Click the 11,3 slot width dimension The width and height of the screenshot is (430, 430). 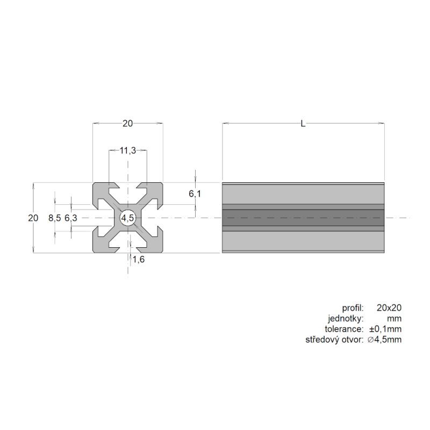128,150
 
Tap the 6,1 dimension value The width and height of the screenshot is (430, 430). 195,194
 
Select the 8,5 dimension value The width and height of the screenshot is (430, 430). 55,218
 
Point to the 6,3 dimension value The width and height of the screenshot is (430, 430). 71,218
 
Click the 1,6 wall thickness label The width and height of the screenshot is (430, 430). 139,259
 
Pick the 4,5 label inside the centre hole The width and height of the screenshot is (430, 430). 128,218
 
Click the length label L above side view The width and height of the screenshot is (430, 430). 303,124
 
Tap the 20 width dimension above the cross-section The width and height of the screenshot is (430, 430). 127,124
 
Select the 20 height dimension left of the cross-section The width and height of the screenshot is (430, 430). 33,218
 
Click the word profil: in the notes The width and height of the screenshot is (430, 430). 353,308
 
